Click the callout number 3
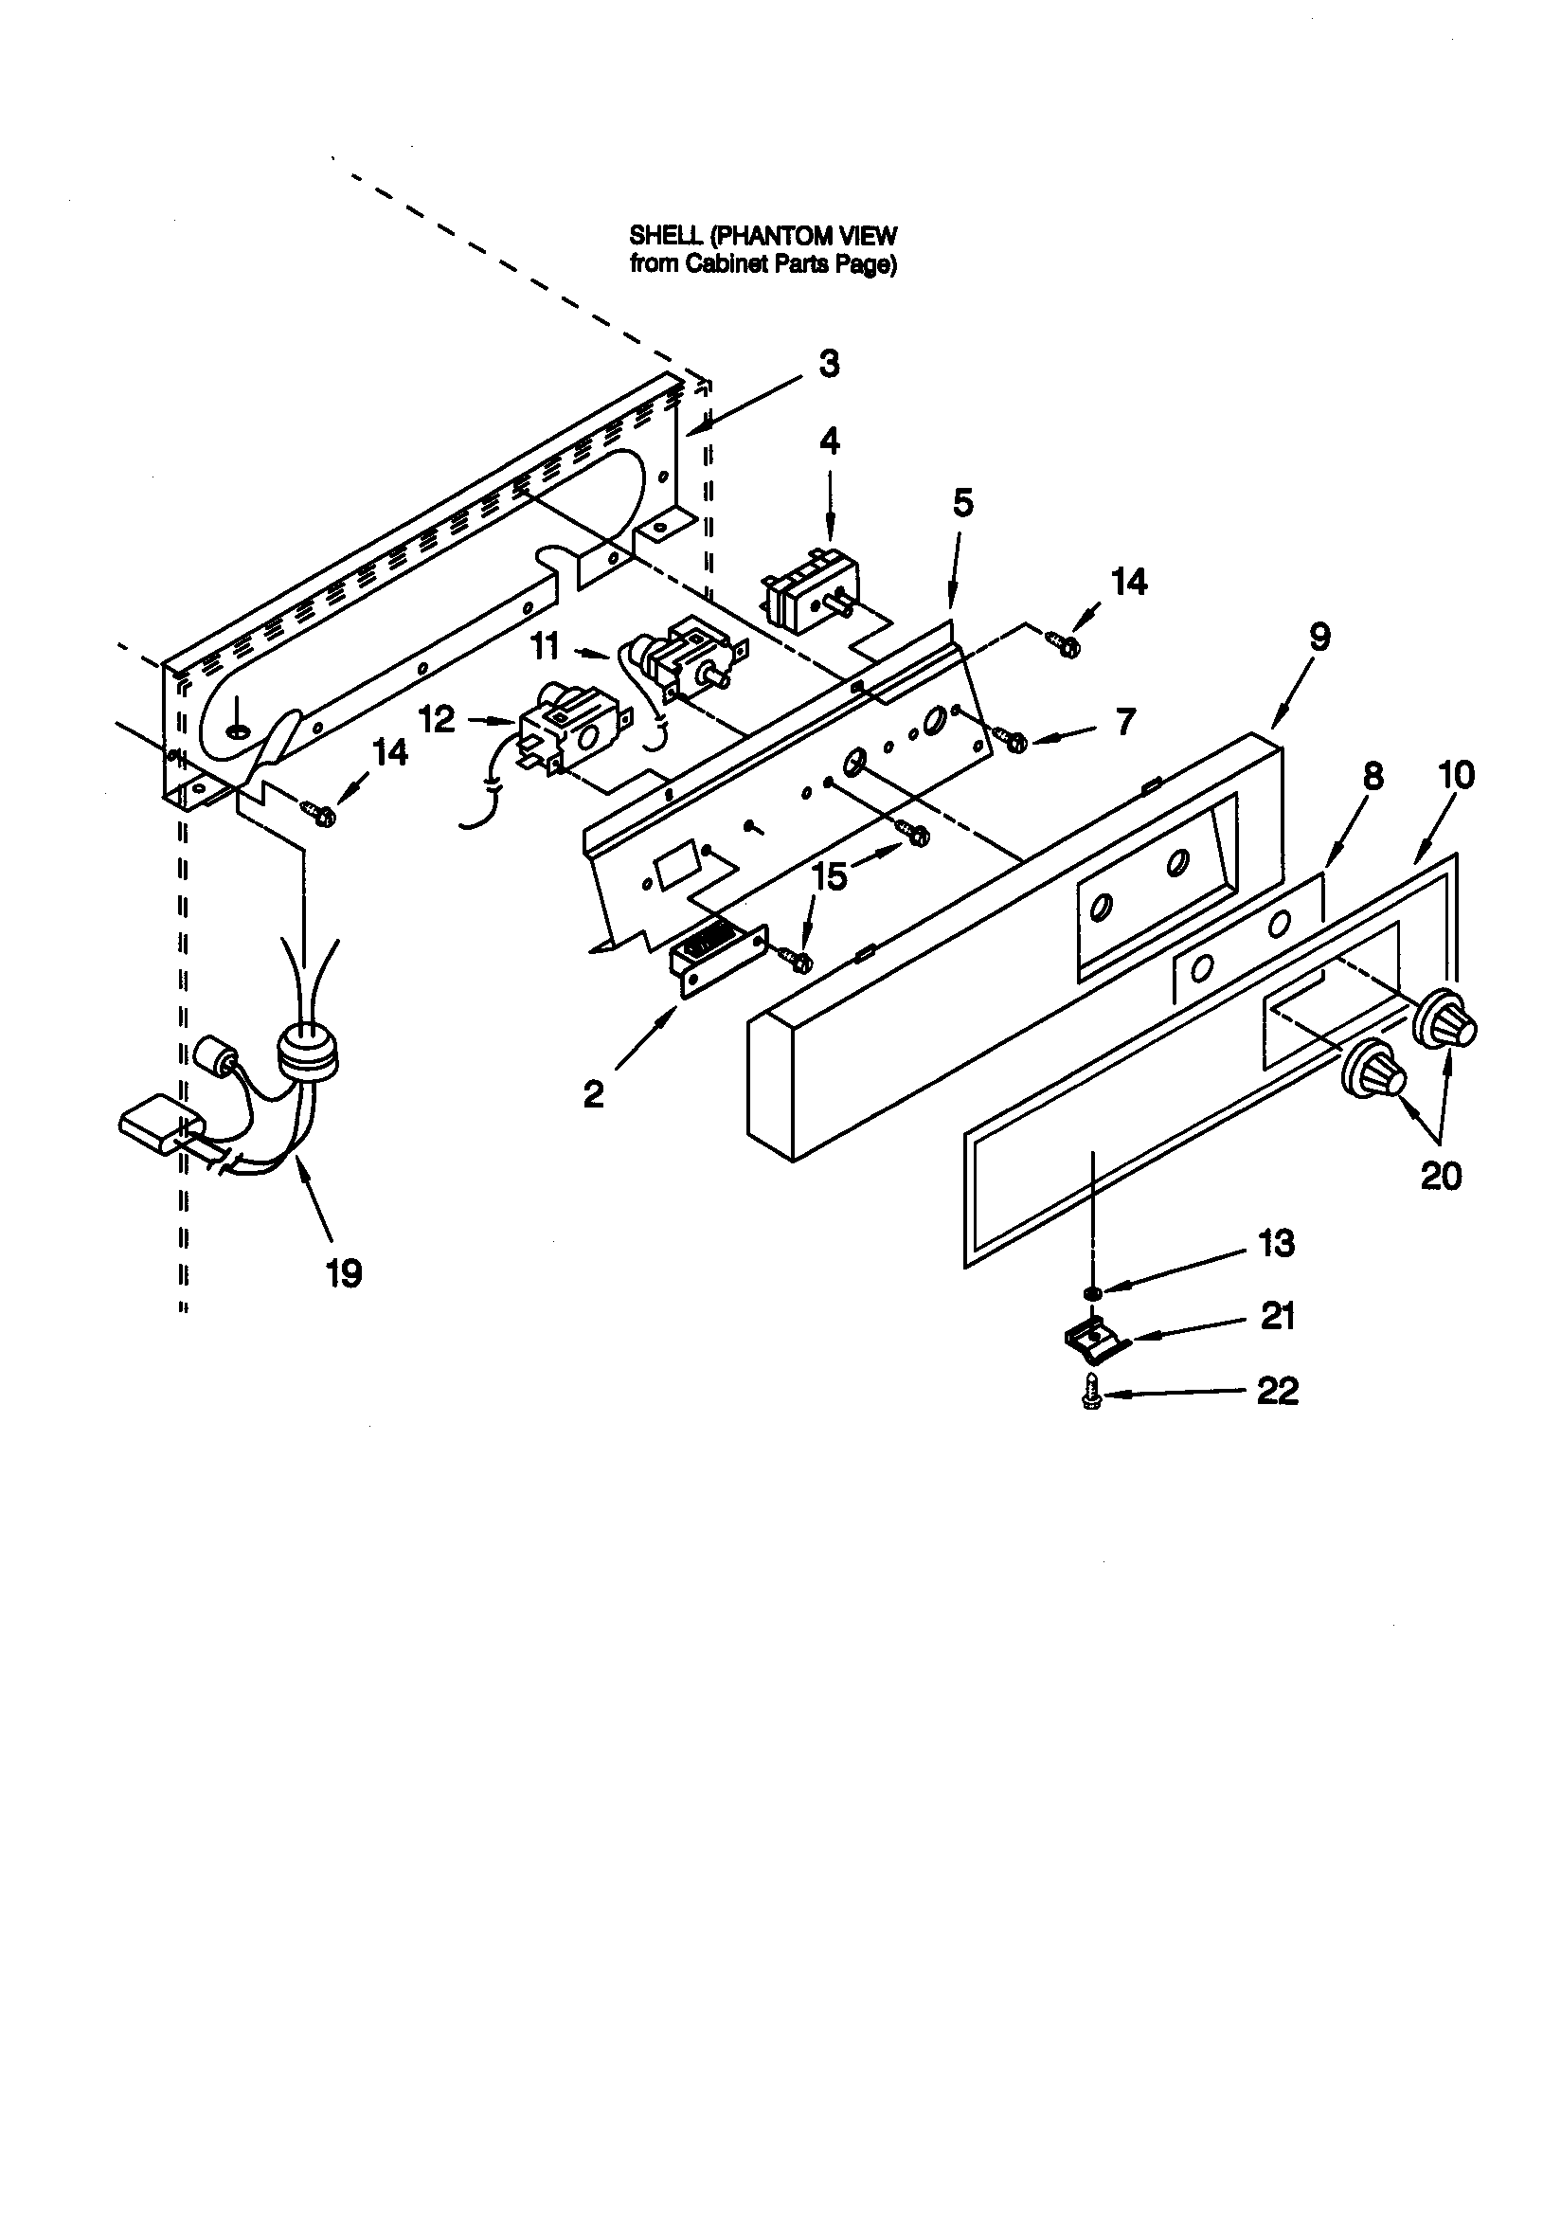829,365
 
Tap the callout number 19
343,1273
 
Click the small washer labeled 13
1091,1291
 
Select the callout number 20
1441,1175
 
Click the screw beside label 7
1012,740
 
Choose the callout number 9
1319,637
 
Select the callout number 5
961,503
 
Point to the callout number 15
829,876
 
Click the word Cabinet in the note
725,265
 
